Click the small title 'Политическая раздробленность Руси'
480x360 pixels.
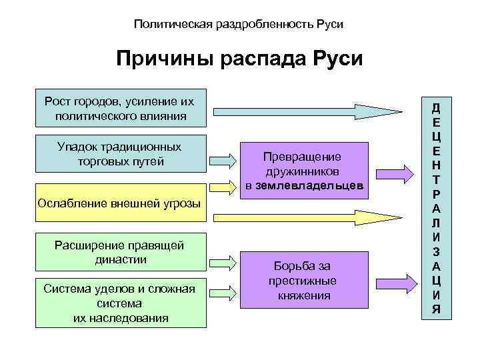tap(239, 24)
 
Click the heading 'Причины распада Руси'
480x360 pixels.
tap(239, 59)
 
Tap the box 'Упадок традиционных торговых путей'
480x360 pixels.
tap(120, 155)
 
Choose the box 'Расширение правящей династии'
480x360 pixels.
tap(120, 253)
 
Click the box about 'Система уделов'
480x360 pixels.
tap(120, 303)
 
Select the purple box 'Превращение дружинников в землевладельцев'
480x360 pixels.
tap(304, 171)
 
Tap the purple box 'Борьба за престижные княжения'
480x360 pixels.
tap(304, 280)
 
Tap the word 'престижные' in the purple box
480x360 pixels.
tap(304, 280)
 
